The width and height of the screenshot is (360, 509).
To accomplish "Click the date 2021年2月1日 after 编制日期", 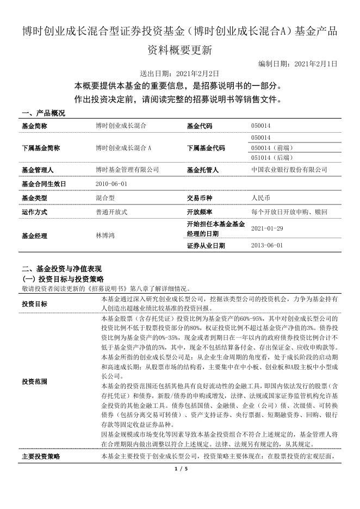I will coord(315,64).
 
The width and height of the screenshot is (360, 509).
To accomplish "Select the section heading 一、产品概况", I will coord(43,113).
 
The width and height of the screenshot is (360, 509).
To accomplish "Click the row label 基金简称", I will coord(34,126).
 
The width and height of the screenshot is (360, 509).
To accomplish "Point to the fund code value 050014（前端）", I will coord(270,148).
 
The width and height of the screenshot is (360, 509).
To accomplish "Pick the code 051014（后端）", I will coord(270,158).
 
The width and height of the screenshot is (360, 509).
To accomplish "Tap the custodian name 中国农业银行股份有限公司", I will coord(289,170).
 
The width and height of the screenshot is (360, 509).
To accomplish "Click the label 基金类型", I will coord(34,198).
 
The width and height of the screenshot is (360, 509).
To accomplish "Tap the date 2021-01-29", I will coord(267,229).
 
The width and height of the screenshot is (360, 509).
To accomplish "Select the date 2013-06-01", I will coord(267,245).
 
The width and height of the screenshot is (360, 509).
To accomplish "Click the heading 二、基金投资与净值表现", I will coord(61,269).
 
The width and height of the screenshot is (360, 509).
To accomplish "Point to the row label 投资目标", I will coord(34,303).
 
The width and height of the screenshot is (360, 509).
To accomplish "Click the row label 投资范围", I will coord(34,382).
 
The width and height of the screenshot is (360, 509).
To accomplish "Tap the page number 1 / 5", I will coord(180,469).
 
